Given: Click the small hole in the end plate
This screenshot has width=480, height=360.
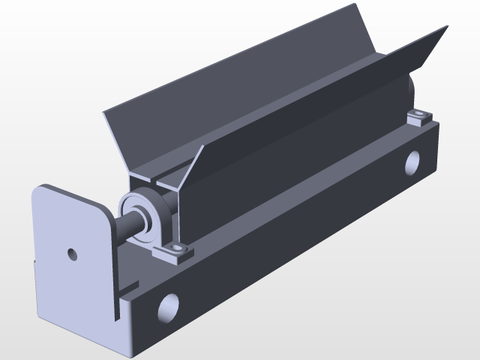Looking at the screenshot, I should point(72,253).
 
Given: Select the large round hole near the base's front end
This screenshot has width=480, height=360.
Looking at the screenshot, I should point(168,307).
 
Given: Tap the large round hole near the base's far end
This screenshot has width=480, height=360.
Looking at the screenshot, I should point(412,163).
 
